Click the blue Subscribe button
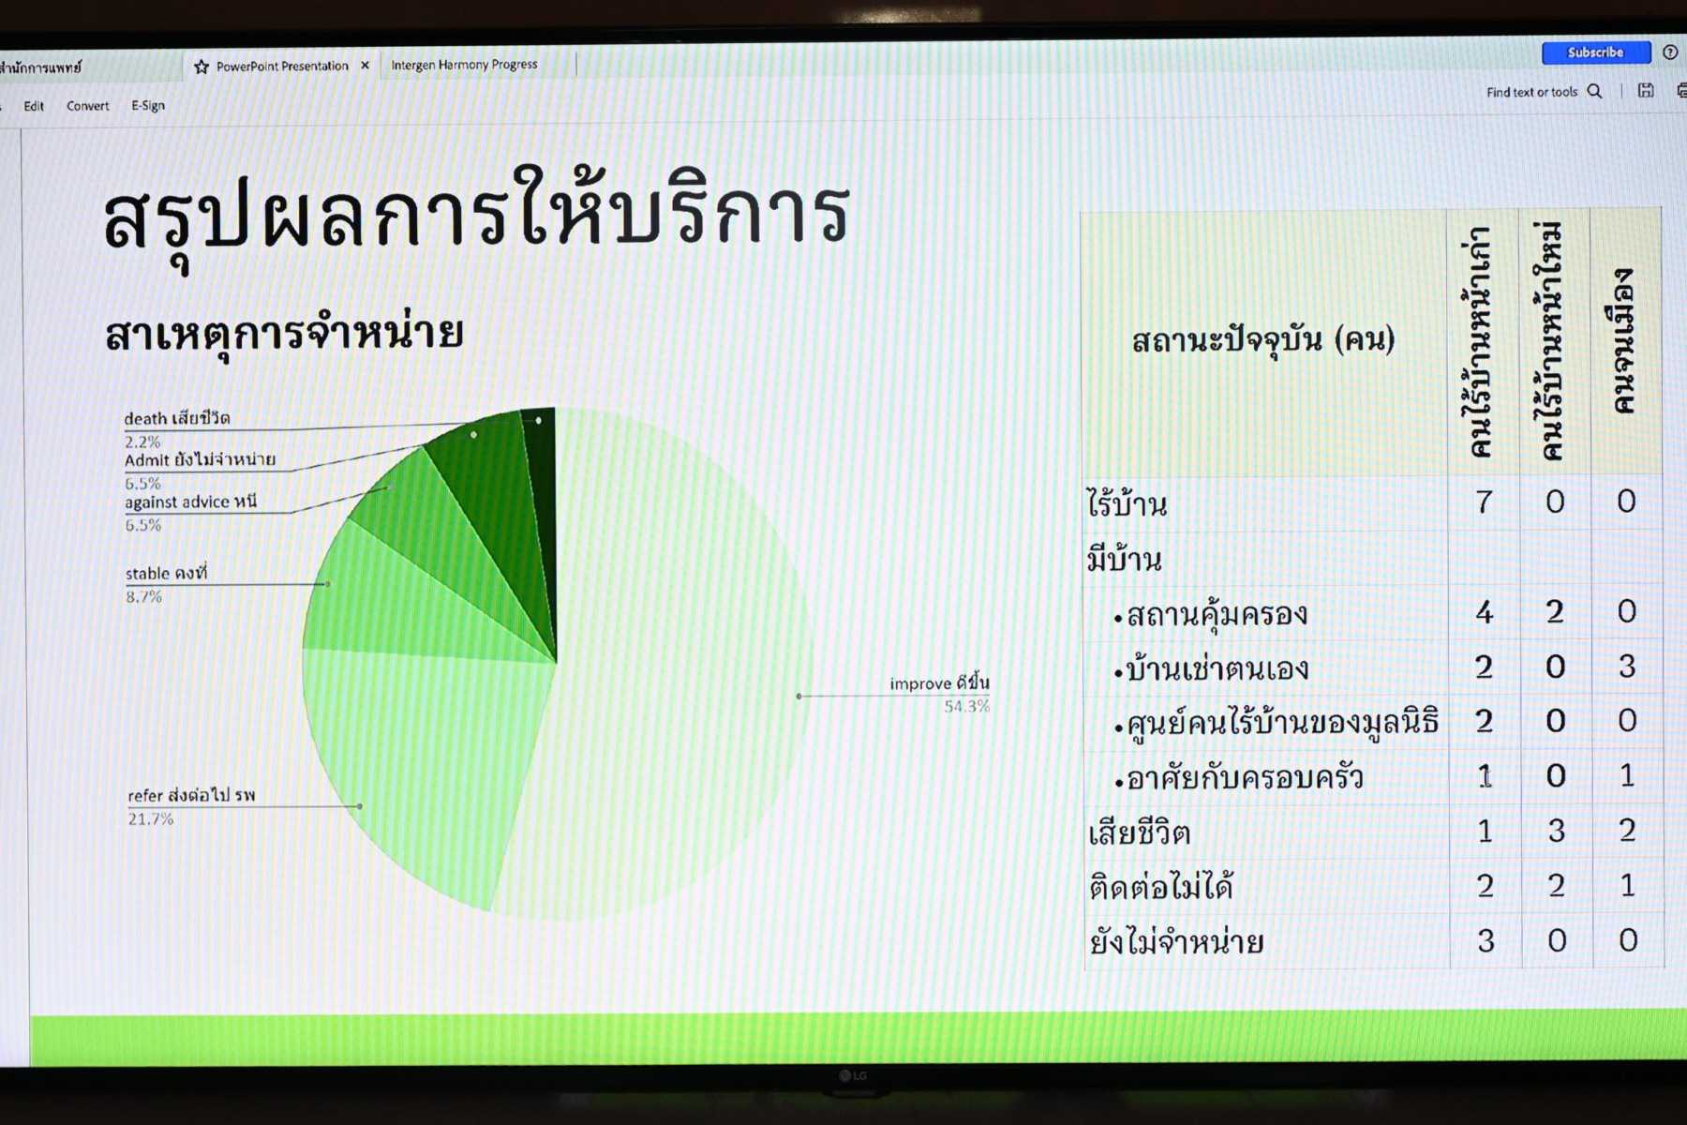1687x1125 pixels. click(x=1595, y=52)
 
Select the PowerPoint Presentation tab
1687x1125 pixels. click(x=282, y=66)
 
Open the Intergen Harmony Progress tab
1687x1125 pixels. click(x=464, y=65)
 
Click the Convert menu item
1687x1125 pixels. click(x=87, y=106)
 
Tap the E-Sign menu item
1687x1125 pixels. click(x=148, y=105)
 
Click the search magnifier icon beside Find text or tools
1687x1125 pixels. click(x=1594, y=91)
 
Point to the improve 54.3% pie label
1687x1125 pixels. click(x=939, y=694)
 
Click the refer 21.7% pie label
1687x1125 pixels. click(x=191, y=806)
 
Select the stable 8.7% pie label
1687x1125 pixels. click(x=166, y=584)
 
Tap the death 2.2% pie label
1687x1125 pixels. click(x=177, y=428)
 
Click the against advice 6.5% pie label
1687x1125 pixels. click(x=190, y=512)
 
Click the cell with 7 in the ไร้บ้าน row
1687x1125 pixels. click(x=1484, y=502)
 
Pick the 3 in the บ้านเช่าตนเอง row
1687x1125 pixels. click(x=1627, y=667)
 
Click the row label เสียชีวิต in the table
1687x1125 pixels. click(x=1139, y=832)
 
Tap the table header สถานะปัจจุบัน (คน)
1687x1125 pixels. click(x=1263, y=339)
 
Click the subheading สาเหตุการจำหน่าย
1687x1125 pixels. click(x=284, y=333)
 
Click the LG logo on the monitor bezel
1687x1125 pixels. click(x=852, y=1076)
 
